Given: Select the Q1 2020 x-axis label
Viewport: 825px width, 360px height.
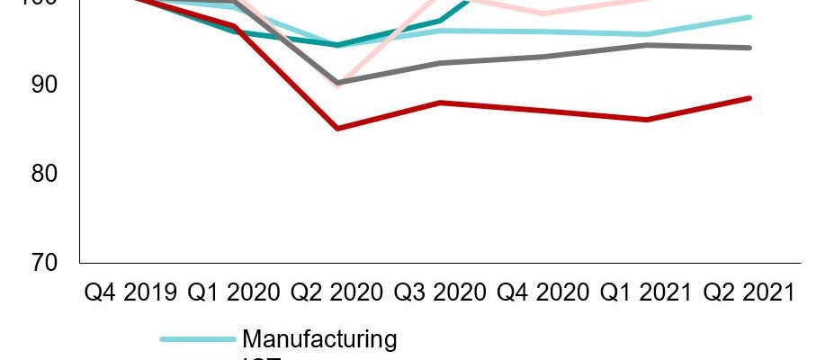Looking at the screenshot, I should tap(235, 292).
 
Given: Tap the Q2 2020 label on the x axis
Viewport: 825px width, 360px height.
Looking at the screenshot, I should tap(337, 292).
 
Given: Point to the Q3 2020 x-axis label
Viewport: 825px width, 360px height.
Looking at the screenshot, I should tap(439, 292).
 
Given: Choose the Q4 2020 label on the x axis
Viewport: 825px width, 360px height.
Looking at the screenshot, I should tap(542, 292).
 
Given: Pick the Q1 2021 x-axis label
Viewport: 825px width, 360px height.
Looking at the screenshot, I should tap(645, 292).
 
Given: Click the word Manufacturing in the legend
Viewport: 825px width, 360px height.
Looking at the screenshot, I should tap(319, 339).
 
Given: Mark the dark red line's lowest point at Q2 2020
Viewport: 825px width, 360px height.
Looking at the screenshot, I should tap(337, 129).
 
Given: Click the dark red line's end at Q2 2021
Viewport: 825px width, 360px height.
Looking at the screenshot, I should tap(750, 98).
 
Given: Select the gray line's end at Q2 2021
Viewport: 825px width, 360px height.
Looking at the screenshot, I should tap(750, 48).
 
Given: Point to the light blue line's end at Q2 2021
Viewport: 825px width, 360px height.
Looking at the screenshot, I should tap(750, 17).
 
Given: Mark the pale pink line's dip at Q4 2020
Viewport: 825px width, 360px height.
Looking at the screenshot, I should tap(542, 14).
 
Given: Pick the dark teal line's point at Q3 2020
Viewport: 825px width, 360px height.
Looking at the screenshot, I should tap(439, 21).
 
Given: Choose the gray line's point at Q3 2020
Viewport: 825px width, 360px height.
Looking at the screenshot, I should tap(439, 63).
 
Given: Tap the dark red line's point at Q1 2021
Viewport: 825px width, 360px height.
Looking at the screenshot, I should tap(647, 120).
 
